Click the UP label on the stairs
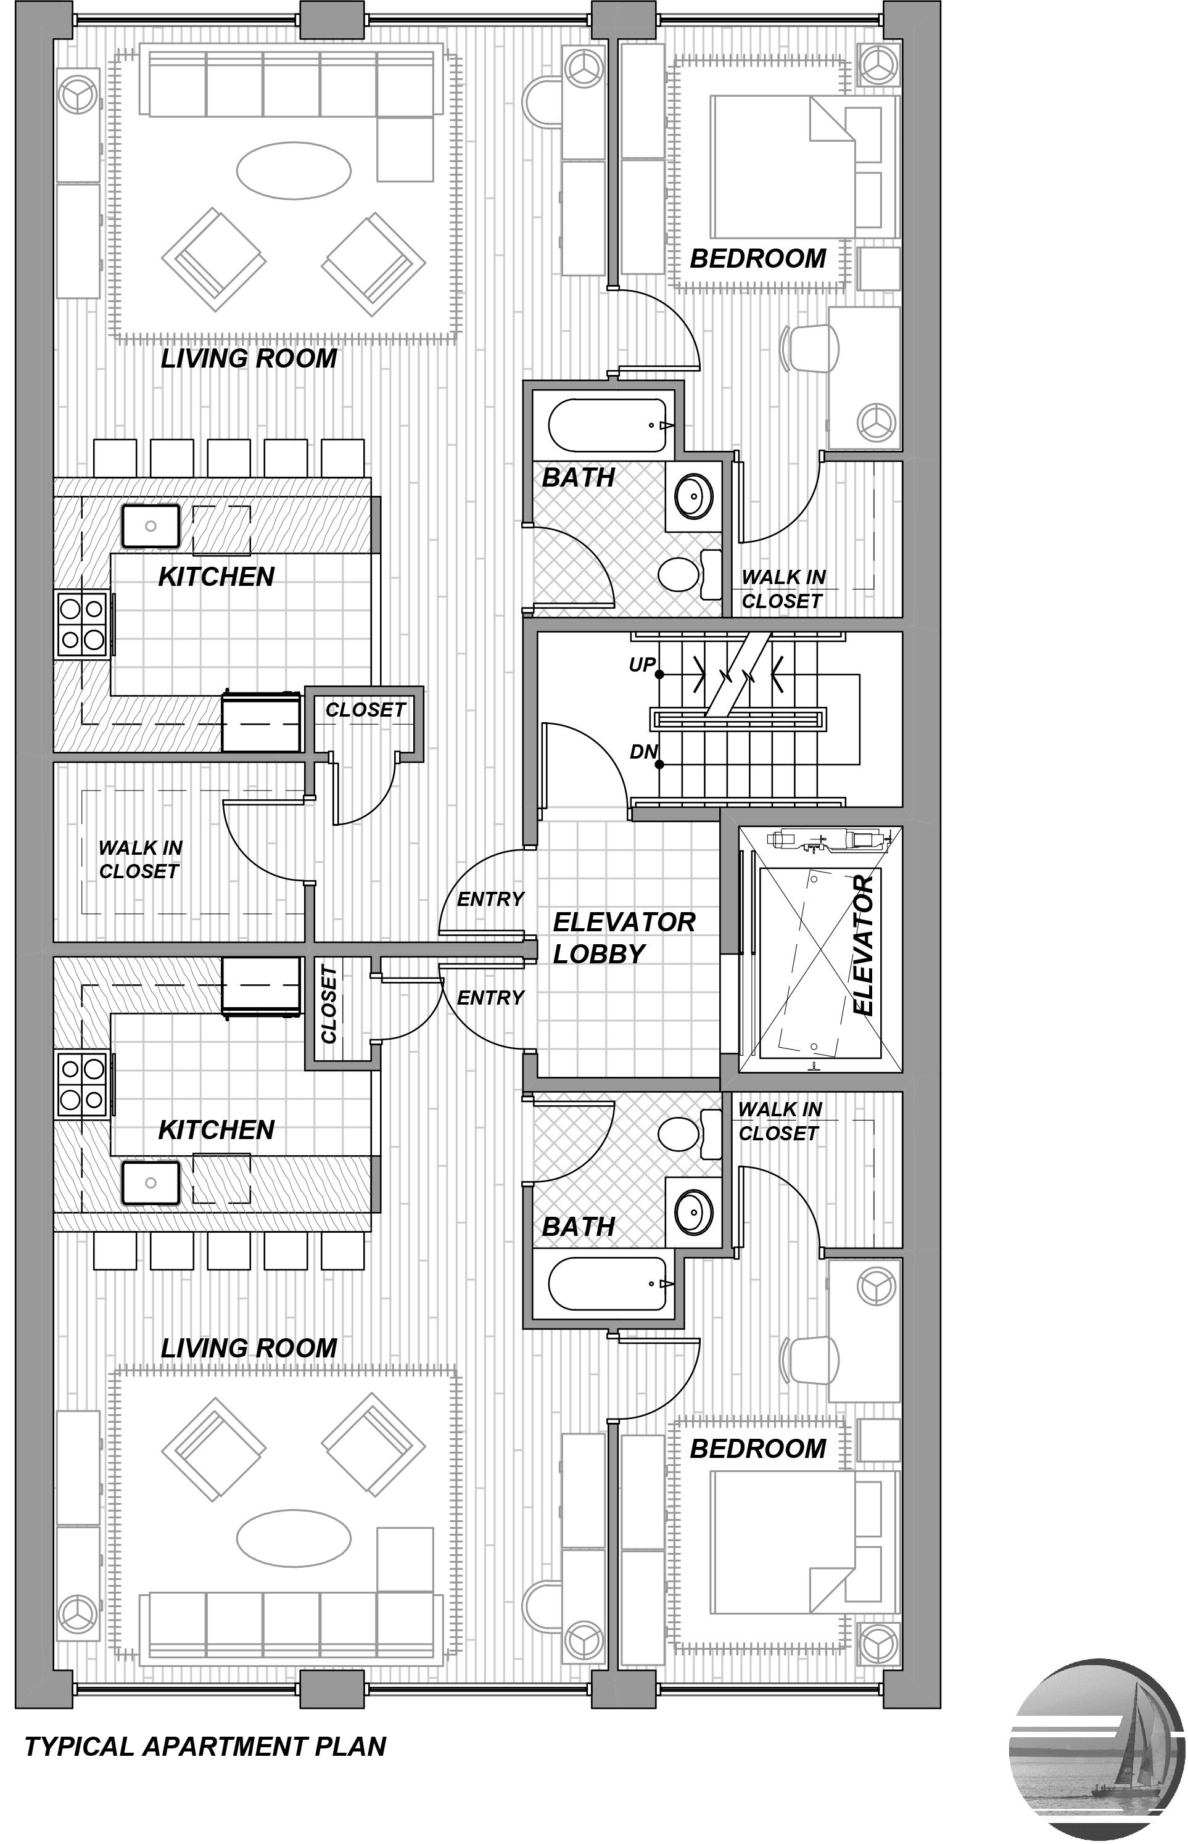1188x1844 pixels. coord(642,665)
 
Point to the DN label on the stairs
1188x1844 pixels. coord(643,752)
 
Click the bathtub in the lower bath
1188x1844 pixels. coord(607,1284)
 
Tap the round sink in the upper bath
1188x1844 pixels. coord(693,496)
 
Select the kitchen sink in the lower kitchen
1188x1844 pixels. coord(151,1182)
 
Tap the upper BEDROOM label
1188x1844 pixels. coord(757,258)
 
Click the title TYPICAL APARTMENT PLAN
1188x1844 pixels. coord(205,1746)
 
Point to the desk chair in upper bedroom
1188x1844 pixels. coord(810,345)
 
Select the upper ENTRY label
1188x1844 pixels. coord(490,899)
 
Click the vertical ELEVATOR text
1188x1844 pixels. coord(865,945)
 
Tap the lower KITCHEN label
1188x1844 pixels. coord(216,1130)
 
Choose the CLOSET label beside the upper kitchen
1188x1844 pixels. coord(365,709)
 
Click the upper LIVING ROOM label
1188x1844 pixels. coord(249,358)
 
